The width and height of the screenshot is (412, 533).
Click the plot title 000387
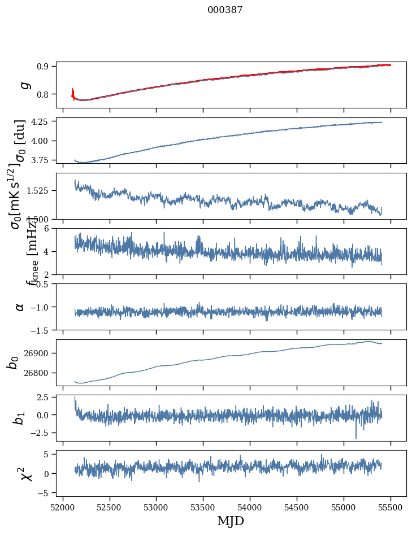(225, 10)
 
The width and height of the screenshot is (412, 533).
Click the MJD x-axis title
(231, 521)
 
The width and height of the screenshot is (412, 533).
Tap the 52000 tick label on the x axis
(63, 506)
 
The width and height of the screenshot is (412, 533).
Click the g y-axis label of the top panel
(24, 85)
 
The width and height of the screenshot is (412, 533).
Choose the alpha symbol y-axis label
(20, 307)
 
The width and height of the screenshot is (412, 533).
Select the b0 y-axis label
(13, 362)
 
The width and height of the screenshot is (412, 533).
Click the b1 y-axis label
(20, 418)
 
